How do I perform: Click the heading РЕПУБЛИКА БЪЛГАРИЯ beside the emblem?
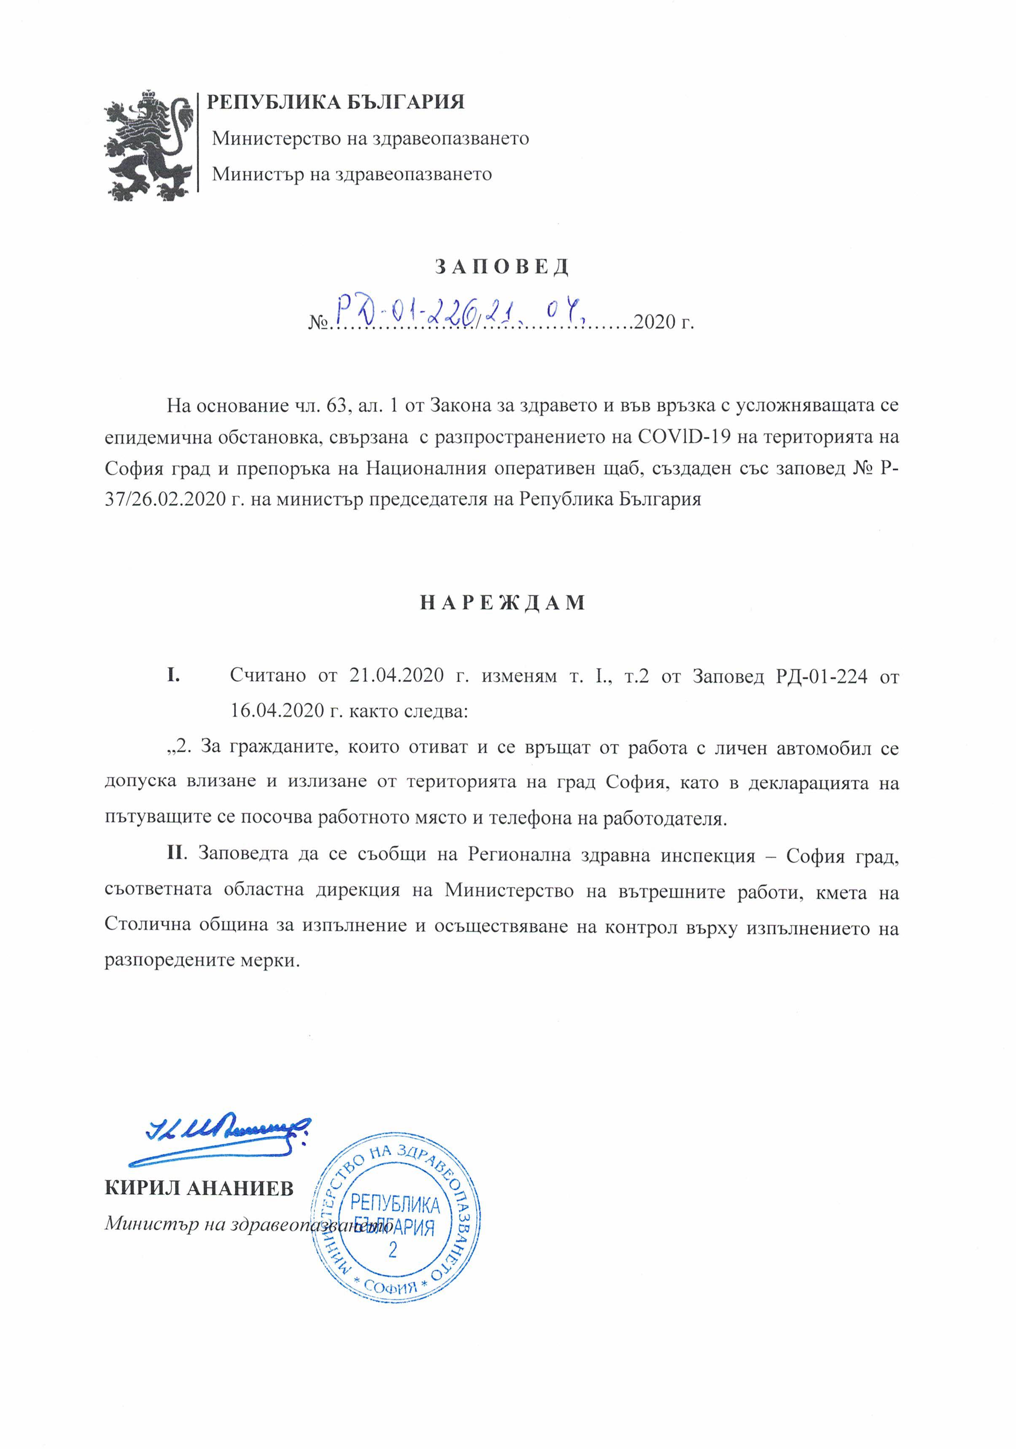pyautogui.click(x=336, y=102)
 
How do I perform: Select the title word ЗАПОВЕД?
pyautogui.click(x=502, y=267)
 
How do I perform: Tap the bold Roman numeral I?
pyautogui.click(x=173, y=675)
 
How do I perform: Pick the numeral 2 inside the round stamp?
pyautogui.click(x=393, y=1249)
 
